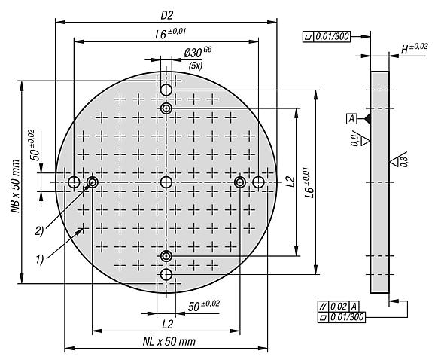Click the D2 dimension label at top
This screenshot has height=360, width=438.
point(167,16)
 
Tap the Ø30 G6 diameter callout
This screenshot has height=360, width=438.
point(197,52)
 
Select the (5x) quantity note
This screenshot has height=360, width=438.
point(195,66)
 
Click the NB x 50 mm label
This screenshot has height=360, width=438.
point(16,186)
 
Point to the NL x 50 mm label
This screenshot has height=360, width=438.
point(169,341)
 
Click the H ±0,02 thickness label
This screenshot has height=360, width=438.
point(414,48)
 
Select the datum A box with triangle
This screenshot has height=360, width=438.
point(359,119)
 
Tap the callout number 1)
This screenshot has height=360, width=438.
point(40,259)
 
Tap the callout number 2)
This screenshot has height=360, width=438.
point(40,231)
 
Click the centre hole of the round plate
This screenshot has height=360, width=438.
point(166,182)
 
